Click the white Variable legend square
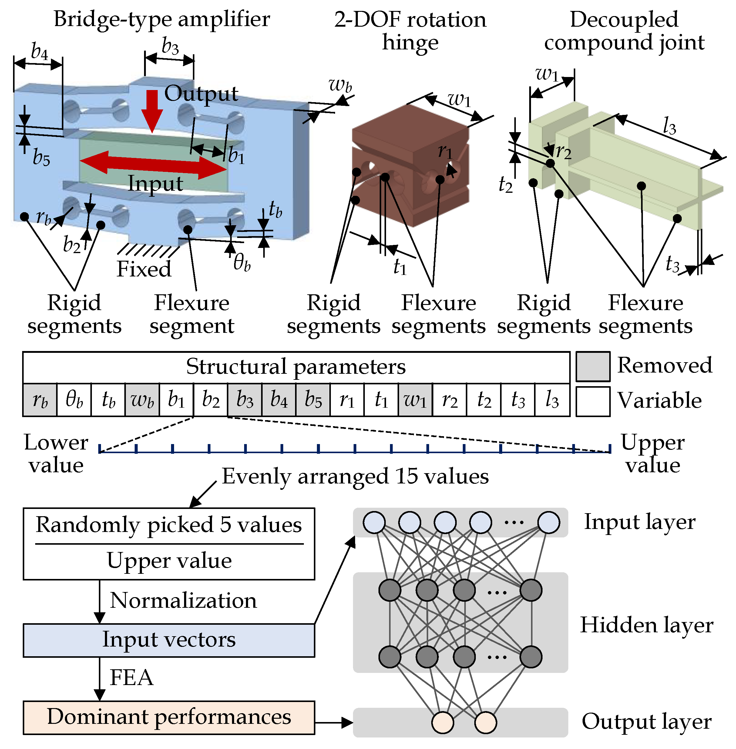point(593,401)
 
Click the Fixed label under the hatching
point(144,269)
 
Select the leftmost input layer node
point(374,522)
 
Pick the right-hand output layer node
point(486,722)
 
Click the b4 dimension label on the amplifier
point(39,51)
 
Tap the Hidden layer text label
point(646,625)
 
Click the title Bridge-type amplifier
point(162,19)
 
